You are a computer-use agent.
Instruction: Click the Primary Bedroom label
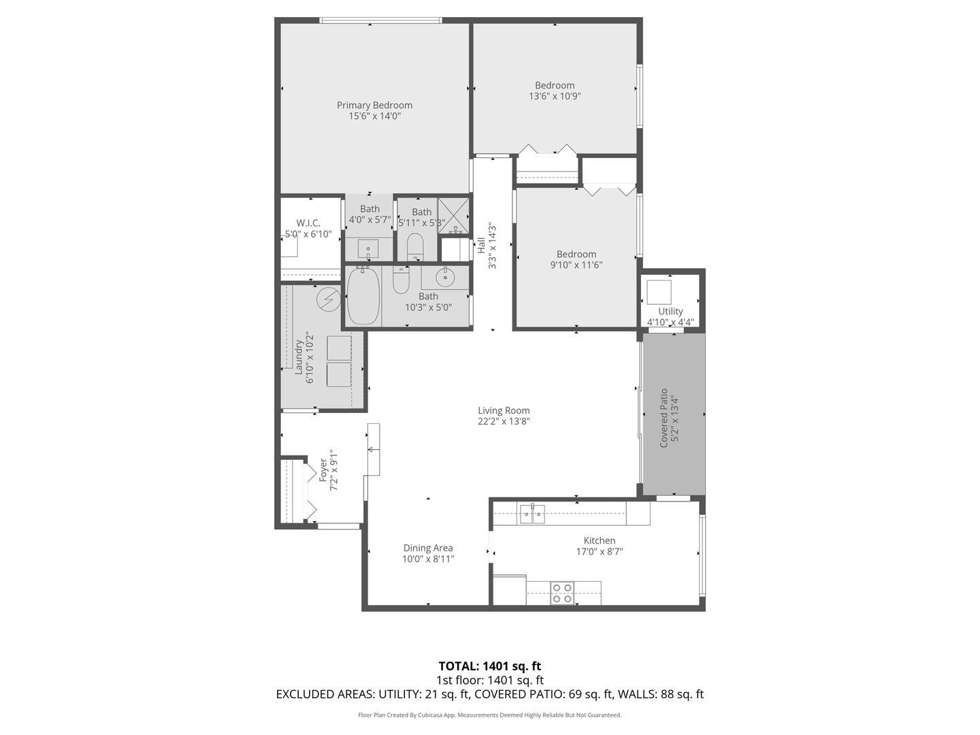(x=374, y=105)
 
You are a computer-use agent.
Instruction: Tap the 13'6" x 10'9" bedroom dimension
(x=555, y=97)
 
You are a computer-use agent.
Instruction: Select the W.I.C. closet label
(x=308, y=223)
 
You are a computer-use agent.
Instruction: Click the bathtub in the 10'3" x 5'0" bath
(x=363, y=297)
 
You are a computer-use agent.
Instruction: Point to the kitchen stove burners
(x=562, y=593)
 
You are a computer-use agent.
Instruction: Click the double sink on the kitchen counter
(x=532, y=514)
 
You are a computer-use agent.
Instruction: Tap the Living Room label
(x=504, y=410)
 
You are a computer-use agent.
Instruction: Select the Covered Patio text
(x=664, y=418)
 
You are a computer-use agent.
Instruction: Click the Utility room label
(x=670, y=311)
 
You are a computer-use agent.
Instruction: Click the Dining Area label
(x=428, y=548)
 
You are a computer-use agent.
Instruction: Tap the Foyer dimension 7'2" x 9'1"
(x=334, y=470)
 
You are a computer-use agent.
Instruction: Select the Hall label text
(x=481, y=245)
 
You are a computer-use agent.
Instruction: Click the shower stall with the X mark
(x=453, y=214)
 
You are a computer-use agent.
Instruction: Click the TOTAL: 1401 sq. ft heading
(x=489, y=666)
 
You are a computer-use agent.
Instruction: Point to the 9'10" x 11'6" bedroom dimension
(x=576, y=265)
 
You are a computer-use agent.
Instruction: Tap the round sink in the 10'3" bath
(x=446, y=276)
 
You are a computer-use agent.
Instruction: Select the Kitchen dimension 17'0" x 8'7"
(x=600, y=552)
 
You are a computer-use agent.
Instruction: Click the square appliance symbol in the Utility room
(x=659, y=292)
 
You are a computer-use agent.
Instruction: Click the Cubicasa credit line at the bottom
(x=489, y=715)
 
